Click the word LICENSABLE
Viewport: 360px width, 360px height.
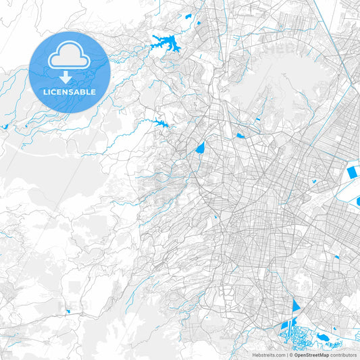tap(69, 92)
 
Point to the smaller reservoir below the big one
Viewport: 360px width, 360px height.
tap(160, 124)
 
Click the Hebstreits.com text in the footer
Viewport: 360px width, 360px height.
tap(269, 355)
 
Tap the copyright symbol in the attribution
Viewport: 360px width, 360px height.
tap(290, 355)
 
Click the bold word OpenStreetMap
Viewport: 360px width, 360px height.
tap(311, 355)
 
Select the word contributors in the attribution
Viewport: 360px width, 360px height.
tap(343, 355)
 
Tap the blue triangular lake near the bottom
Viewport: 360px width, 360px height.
tap(295, 306)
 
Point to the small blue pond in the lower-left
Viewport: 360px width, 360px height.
tap(68, 311)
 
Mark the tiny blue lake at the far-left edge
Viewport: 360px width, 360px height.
tap(5, 126)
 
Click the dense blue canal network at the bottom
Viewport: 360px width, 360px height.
tap(292, 331)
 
